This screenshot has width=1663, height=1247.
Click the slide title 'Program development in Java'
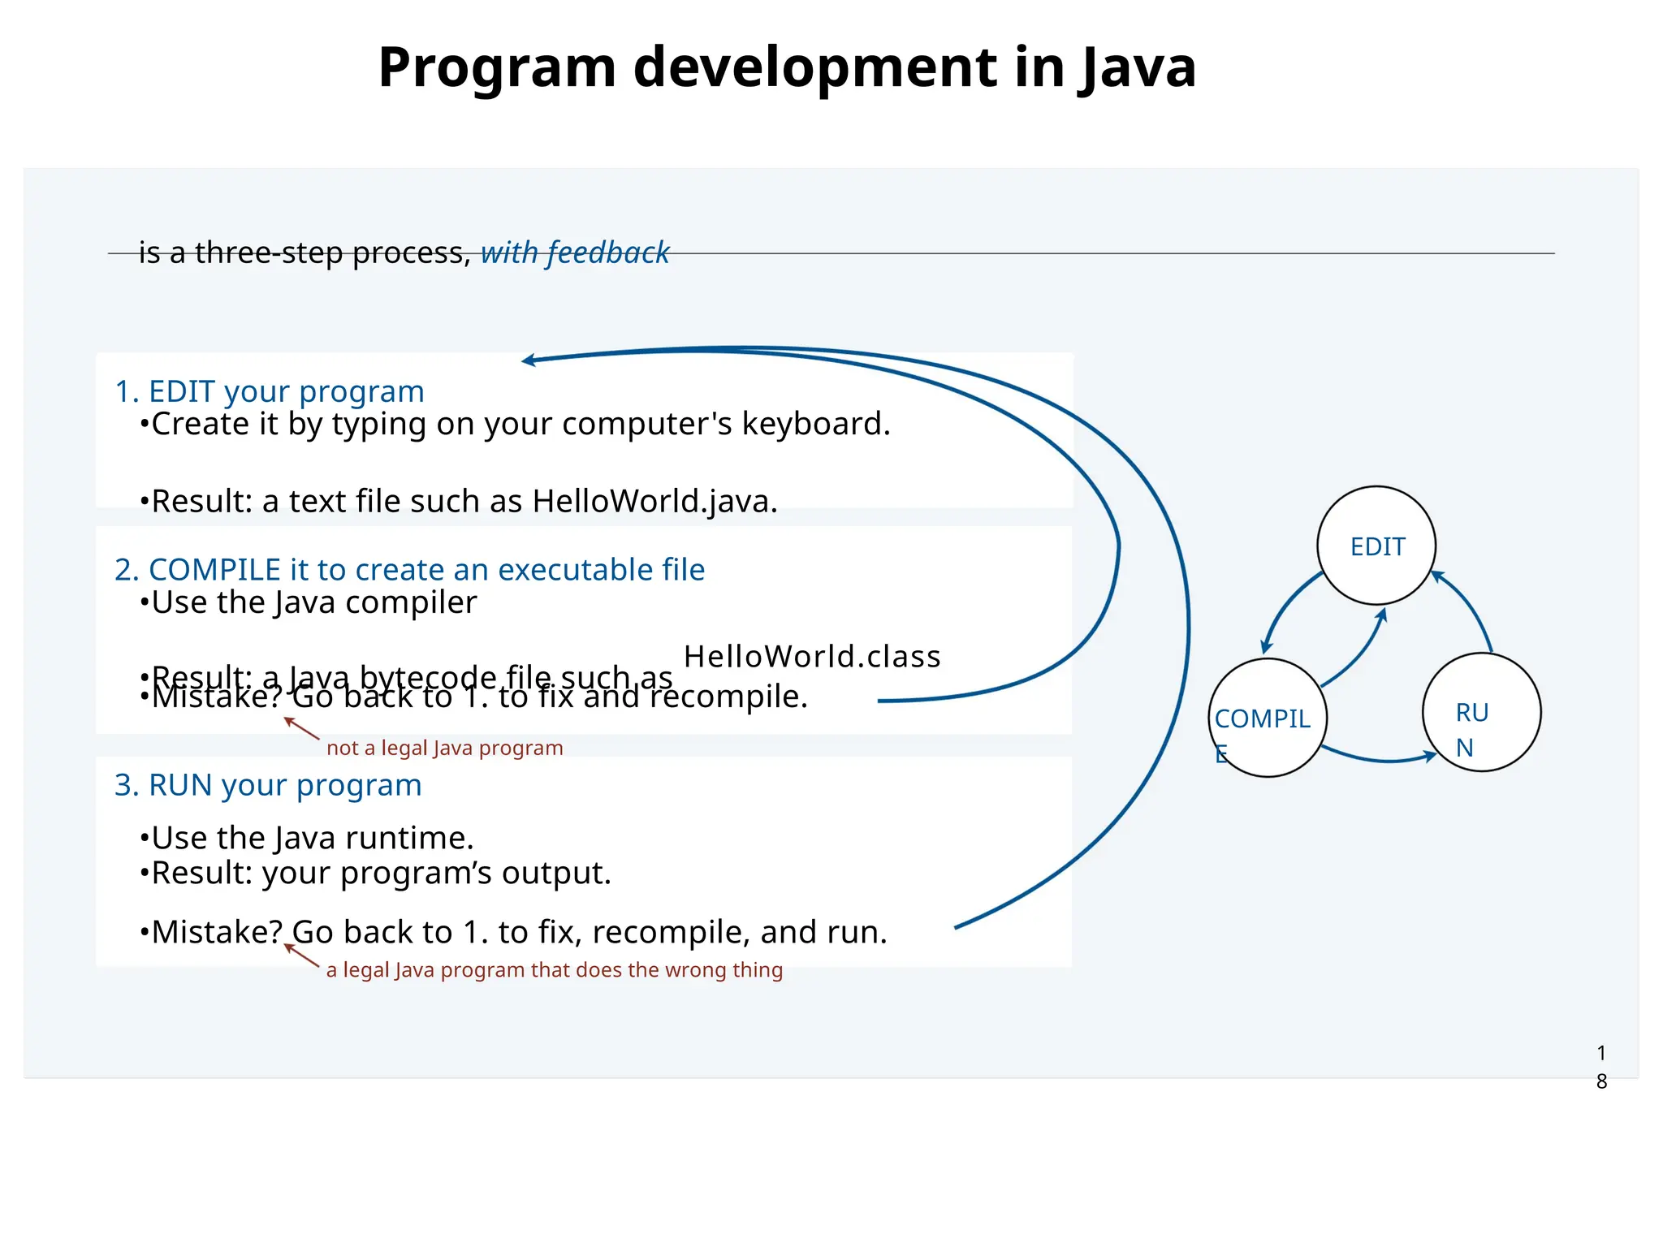(x=787, y=67)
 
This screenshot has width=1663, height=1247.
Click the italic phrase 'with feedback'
(x=575, y=252)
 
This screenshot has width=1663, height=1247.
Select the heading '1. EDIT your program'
(x=270, y=391)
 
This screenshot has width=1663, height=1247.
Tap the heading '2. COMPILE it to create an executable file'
(x=409, y=569)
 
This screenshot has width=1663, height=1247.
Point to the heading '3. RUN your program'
(x=268, y=785)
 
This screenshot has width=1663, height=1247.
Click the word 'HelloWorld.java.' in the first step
(x=654, y=501)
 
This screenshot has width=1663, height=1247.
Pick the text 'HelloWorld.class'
(x=812, y=656)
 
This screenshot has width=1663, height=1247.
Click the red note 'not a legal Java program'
(x=444, y=748)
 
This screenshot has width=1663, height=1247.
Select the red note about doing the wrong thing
(x=554, y=969)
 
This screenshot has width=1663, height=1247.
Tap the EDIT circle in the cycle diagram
(x=1376, y=546)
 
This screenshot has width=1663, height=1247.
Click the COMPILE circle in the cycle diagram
(x=1267, y=718)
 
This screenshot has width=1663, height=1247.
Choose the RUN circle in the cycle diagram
(x=1481, y=713)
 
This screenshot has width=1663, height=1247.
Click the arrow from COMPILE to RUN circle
(x=1380, y=759)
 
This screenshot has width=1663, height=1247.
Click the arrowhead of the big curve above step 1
(x=529, y=360)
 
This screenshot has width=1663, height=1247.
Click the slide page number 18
(x=1601, y=1067)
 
